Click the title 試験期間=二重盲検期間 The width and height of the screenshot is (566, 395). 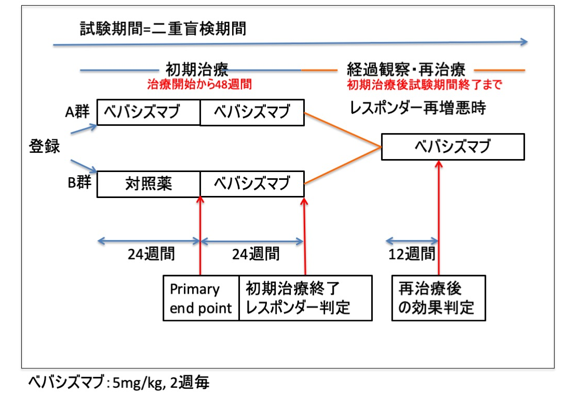pos(163,29)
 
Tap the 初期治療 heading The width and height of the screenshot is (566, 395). pos(197,70)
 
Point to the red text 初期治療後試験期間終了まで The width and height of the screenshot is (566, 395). pos(424,84)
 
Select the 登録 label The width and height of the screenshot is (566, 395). pos(44,147)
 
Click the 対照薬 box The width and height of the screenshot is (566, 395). pos(149,185)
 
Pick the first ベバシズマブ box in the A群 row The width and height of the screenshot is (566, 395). pos(149,113)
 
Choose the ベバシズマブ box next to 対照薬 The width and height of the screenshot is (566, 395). pos(252,185)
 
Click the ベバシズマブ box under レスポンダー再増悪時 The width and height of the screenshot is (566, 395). pos(452,147)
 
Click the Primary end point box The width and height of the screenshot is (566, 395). pos(201,298)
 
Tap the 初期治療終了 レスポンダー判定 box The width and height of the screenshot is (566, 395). pos(305,298)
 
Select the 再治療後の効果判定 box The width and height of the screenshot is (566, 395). pos(439,298)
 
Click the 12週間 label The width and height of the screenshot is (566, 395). pos(412,254)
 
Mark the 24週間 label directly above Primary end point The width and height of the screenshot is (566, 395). pos(151,254)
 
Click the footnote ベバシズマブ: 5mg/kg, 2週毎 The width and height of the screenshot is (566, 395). pos(119,384)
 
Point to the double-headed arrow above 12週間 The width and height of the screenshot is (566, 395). pos(412,241)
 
